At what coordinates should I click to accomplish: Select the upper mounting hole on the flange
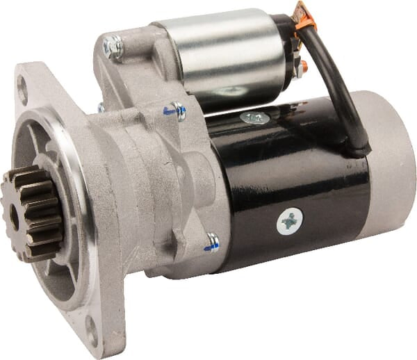point(22,90)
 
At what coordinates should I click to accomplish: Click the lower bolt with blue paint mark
point(212,242)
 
